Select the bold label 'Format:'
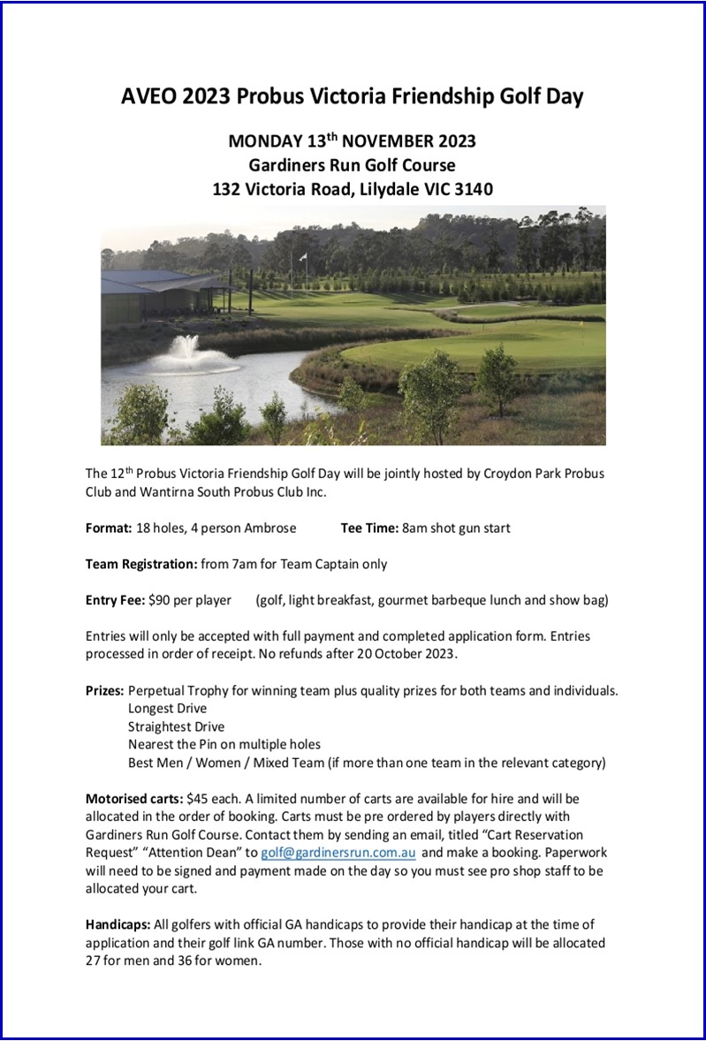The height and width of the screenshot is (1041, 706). click(108, 528)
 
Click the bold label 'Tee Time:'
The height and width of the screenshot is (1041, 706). click(369, 528)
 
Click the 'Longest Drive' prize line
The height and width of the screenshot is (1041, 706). click(167, 708)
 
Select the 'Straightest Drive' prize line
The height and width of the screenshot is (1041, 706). click(176, 726)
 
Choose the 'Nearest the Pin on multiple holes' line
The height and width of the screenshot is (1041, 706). click(224, 744)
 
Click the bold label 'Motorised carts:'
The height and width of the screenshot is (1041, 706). click(134, 798)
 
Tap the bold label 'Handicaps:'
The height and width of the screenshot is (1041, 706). click(118, 925)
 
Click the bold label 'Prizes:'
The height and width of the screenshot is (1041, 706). click(105, 690)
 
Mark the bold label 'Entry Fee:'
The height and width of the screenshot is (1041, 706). click(115, 601)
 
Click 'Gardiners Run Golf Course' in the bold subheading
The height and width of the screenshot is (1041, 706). click(352, 165)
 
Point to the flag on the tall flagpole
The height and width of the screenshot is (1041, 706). click(304, 257)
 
